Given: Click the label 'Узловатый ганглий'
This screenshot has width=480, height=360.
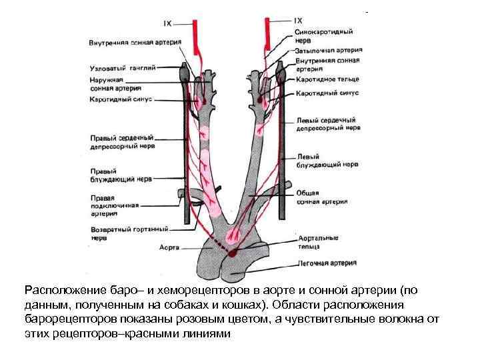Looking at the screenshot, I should (x=123, y=67).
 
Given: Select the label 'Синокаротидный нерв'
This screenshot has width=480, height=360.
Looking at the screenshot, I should (x=323, y=35).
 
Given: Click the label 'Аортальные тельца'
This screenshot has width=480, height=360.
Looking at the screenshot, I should (x=319, y=241).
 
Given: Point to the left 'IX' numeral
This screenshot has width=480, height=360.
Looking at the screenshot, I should (x=167, y=23).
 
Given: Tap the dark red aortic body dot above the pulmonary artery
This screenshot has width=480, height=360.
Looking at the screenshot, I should (x=233, y=253).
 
